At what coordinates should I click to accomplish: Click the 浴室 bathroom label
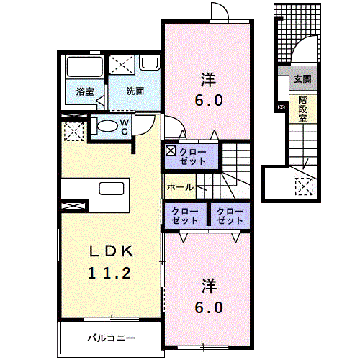pos(85,91)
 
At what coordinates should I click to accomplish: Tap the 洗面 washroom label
pos(135,91)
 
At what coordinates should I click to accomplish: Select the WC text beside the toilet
pos(125,127)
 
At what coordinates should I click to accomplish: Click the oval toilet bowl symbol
pos(107,125)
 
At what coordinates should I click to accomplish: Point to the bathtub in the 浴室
pos(85,67)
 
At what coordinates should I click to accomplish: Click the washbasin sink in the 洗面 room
pos(149,63)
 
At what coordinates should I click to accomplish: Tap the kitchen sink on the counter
pos(112,189)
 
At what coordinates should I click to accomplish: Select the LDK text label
pos(111,251)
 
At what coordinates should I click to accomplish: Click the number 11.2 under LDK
pos(109,273)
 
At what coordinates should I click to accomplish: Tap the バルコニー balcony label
pos(111,338)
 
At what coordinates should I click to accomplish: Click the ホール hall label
pos(180,187)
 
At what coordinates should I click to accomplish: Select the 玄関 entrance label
pos(302,78)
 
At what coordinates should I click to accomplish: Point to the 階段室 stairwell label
pos(302,109)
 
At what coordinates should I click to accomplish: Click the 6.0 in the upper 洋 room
pos(209,100)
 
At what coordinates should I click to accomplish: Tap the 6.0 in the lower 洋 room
pos(209,307)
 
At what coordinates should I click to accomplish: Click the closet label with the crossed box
pos(192,156)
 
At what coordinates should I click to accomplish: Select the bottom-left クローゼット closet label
pos(184,216)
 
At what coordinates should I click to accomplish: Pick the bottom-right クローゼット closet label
pos(230,216)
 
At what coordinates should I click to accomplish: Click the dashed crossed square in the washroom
pos(122,65)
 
